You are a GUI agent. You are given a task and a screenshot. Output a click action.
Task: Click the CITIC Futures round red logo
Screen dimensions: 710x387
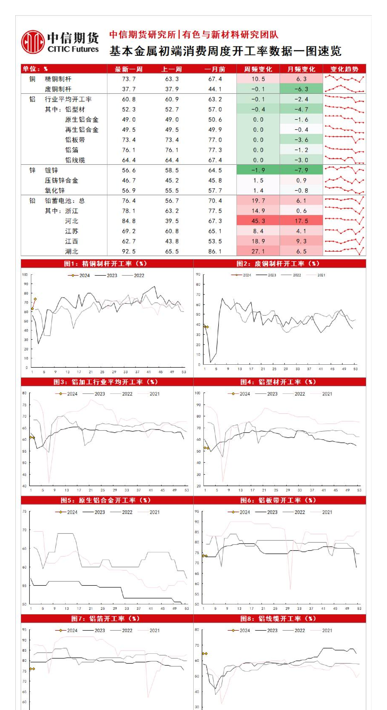33,42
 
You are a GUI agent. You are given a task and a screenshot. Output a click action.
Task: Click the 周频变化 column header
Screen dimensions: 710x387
258,69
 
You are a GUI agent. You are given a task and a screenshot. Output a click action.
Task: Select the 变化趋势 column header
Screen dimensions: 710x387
344,69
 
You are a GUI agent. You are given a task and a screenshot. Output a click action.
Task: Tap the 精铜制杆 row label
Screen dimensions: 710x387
58,79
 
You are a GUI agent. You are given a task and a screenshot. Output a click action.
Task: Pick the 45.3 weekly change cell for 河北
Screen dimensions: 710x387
258,221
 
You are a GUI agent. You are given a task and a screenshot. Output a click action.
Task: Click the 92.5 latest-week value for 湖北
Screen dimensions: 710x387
129,251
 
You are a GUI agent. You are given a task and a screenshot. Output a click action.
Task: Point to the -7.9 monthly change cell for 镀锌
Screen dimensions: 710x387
301,170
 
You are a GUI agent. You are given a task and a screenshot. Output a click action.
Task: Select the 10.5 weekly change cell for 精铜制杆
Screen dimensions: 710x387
258,79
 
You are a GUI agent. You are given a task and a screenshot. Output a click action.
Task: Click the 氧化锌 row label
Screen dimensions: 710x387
55,191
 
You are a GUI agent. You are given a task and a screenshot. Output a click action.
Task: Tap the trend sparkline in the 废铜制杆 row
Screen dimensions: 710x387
344,89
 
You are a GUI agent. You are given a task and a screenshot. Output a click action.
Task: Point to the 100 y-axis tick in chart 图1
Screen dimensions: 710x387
25,275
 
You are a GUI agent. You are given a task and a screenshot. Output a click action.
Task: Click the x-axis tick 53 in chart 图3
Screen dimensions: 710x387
187,490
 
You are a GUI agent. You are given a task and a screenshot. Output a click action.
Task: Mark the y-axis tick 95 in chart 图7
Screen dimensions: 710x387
25,630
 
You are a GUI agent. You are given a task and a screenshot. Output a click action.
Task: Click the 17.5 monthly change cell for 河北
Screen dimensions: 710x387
301,221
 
